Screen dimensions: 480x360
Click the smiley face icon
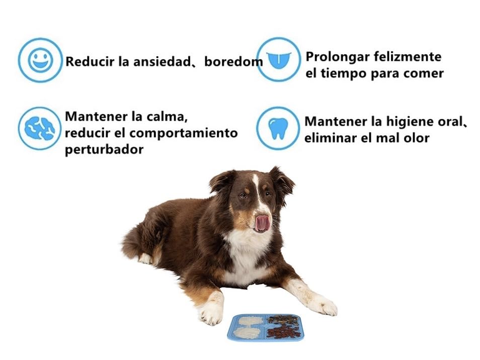[40, 60]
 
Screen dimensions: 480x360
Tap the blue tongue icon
[279, 60]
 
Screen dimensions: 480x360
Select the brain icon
[40, 128]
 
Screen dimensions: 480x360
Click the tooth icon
[278, 128]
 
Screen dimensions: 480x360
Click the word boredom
[233, 62]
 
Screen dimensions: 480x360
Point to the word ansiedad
[162, 62]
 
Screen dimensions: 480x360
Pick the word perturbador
[104, 150]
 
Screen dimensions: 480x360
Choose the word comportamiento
[183, 134]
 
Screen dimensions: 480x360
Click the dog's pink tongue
[263, 223]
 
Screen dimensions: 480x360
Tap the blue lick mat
[265, 327]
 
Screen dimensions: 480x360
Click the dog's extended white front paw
[325, 305]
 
